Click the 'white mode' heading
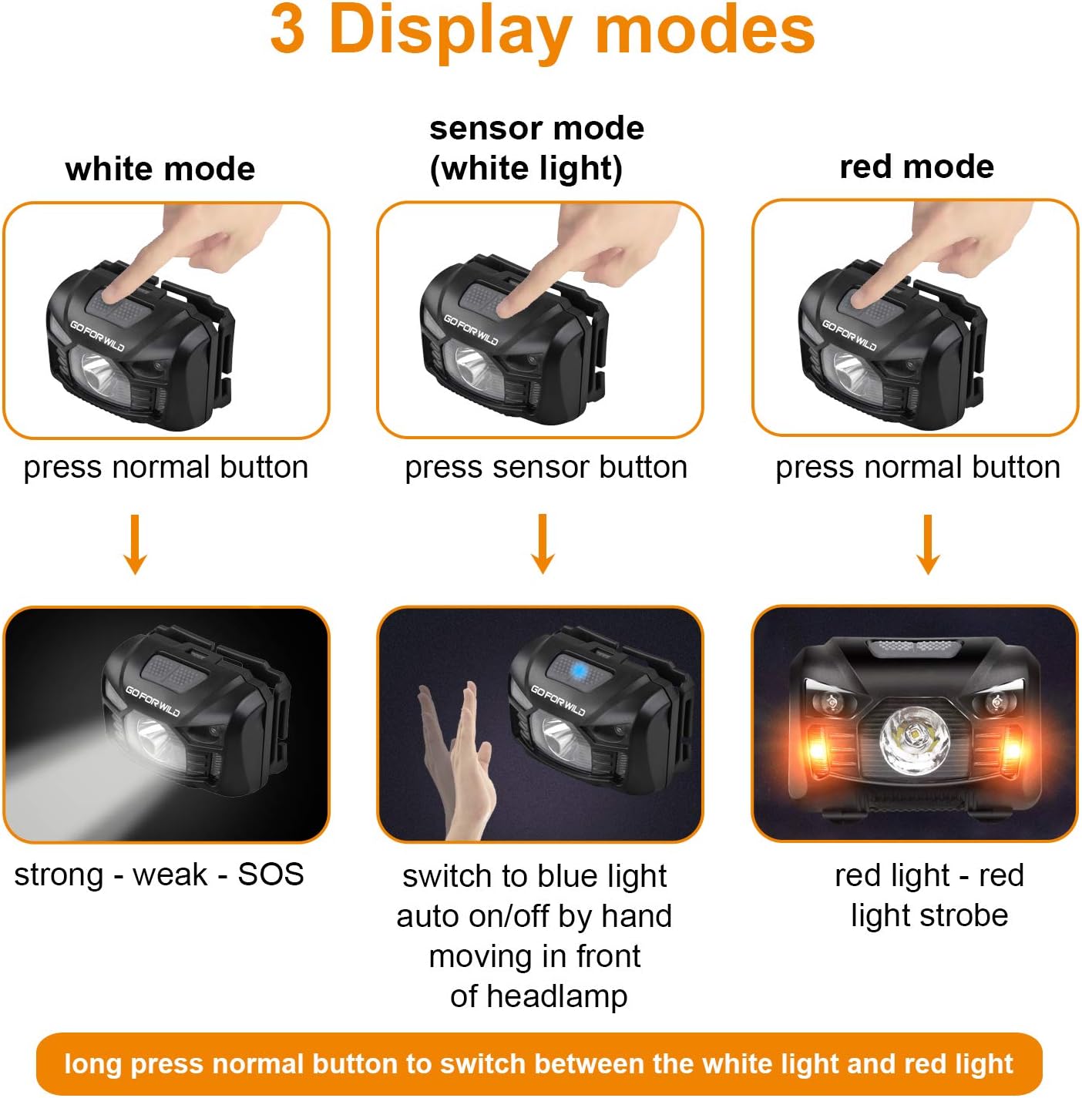160,169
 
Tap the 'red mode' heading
916,166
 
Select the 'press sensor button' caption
546,467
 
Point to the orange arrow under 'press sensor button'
543,544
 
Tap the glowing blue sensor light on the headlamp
577,671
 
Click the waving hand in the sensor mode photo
459,763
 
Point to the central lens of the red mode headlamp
915,738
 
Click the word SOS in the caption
270,875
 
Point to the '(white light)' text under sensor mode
526,169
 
